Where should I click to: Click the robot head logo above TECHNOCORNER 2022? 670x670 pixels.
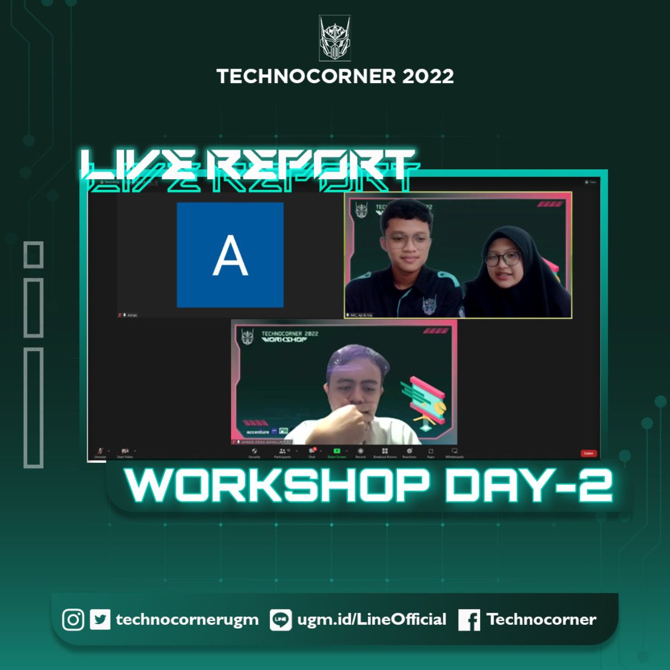click(x=335, y=38)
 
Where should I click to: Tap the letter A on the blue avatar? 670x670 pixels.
click(x=230, y=255)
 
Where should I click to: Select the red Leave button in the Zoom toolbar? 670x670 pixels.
click(x=588, y=453)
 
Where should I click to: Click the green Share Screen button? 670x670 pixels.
click(x=337, y=451)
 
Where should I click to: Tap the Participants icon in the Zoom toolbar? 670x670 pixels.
click(x=283, y=451)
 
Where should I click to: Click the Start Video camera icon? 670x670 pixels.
click(x=125, y=451)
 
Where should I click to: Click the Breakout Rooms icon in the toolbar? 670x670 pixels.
click(x=385, y=451)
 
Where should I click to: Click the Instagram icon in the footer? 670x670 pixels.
click(x=73, y=620)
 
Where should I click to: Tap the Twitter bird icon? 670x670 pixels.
click(x=100, y=620)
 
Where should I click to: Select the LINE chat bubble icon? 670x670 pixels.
click(x=280, y=620)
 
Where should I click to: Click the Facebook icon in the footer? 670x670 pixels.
click(x=469, y=620)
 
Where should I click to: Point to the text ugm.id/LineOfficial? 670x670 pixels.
click(x=372, y=619)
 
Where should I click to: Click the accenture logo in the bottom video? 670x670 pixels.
click(x=258, y=432)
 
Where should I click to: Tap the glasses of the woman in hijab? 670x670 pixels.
click(x=502, y=259)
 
